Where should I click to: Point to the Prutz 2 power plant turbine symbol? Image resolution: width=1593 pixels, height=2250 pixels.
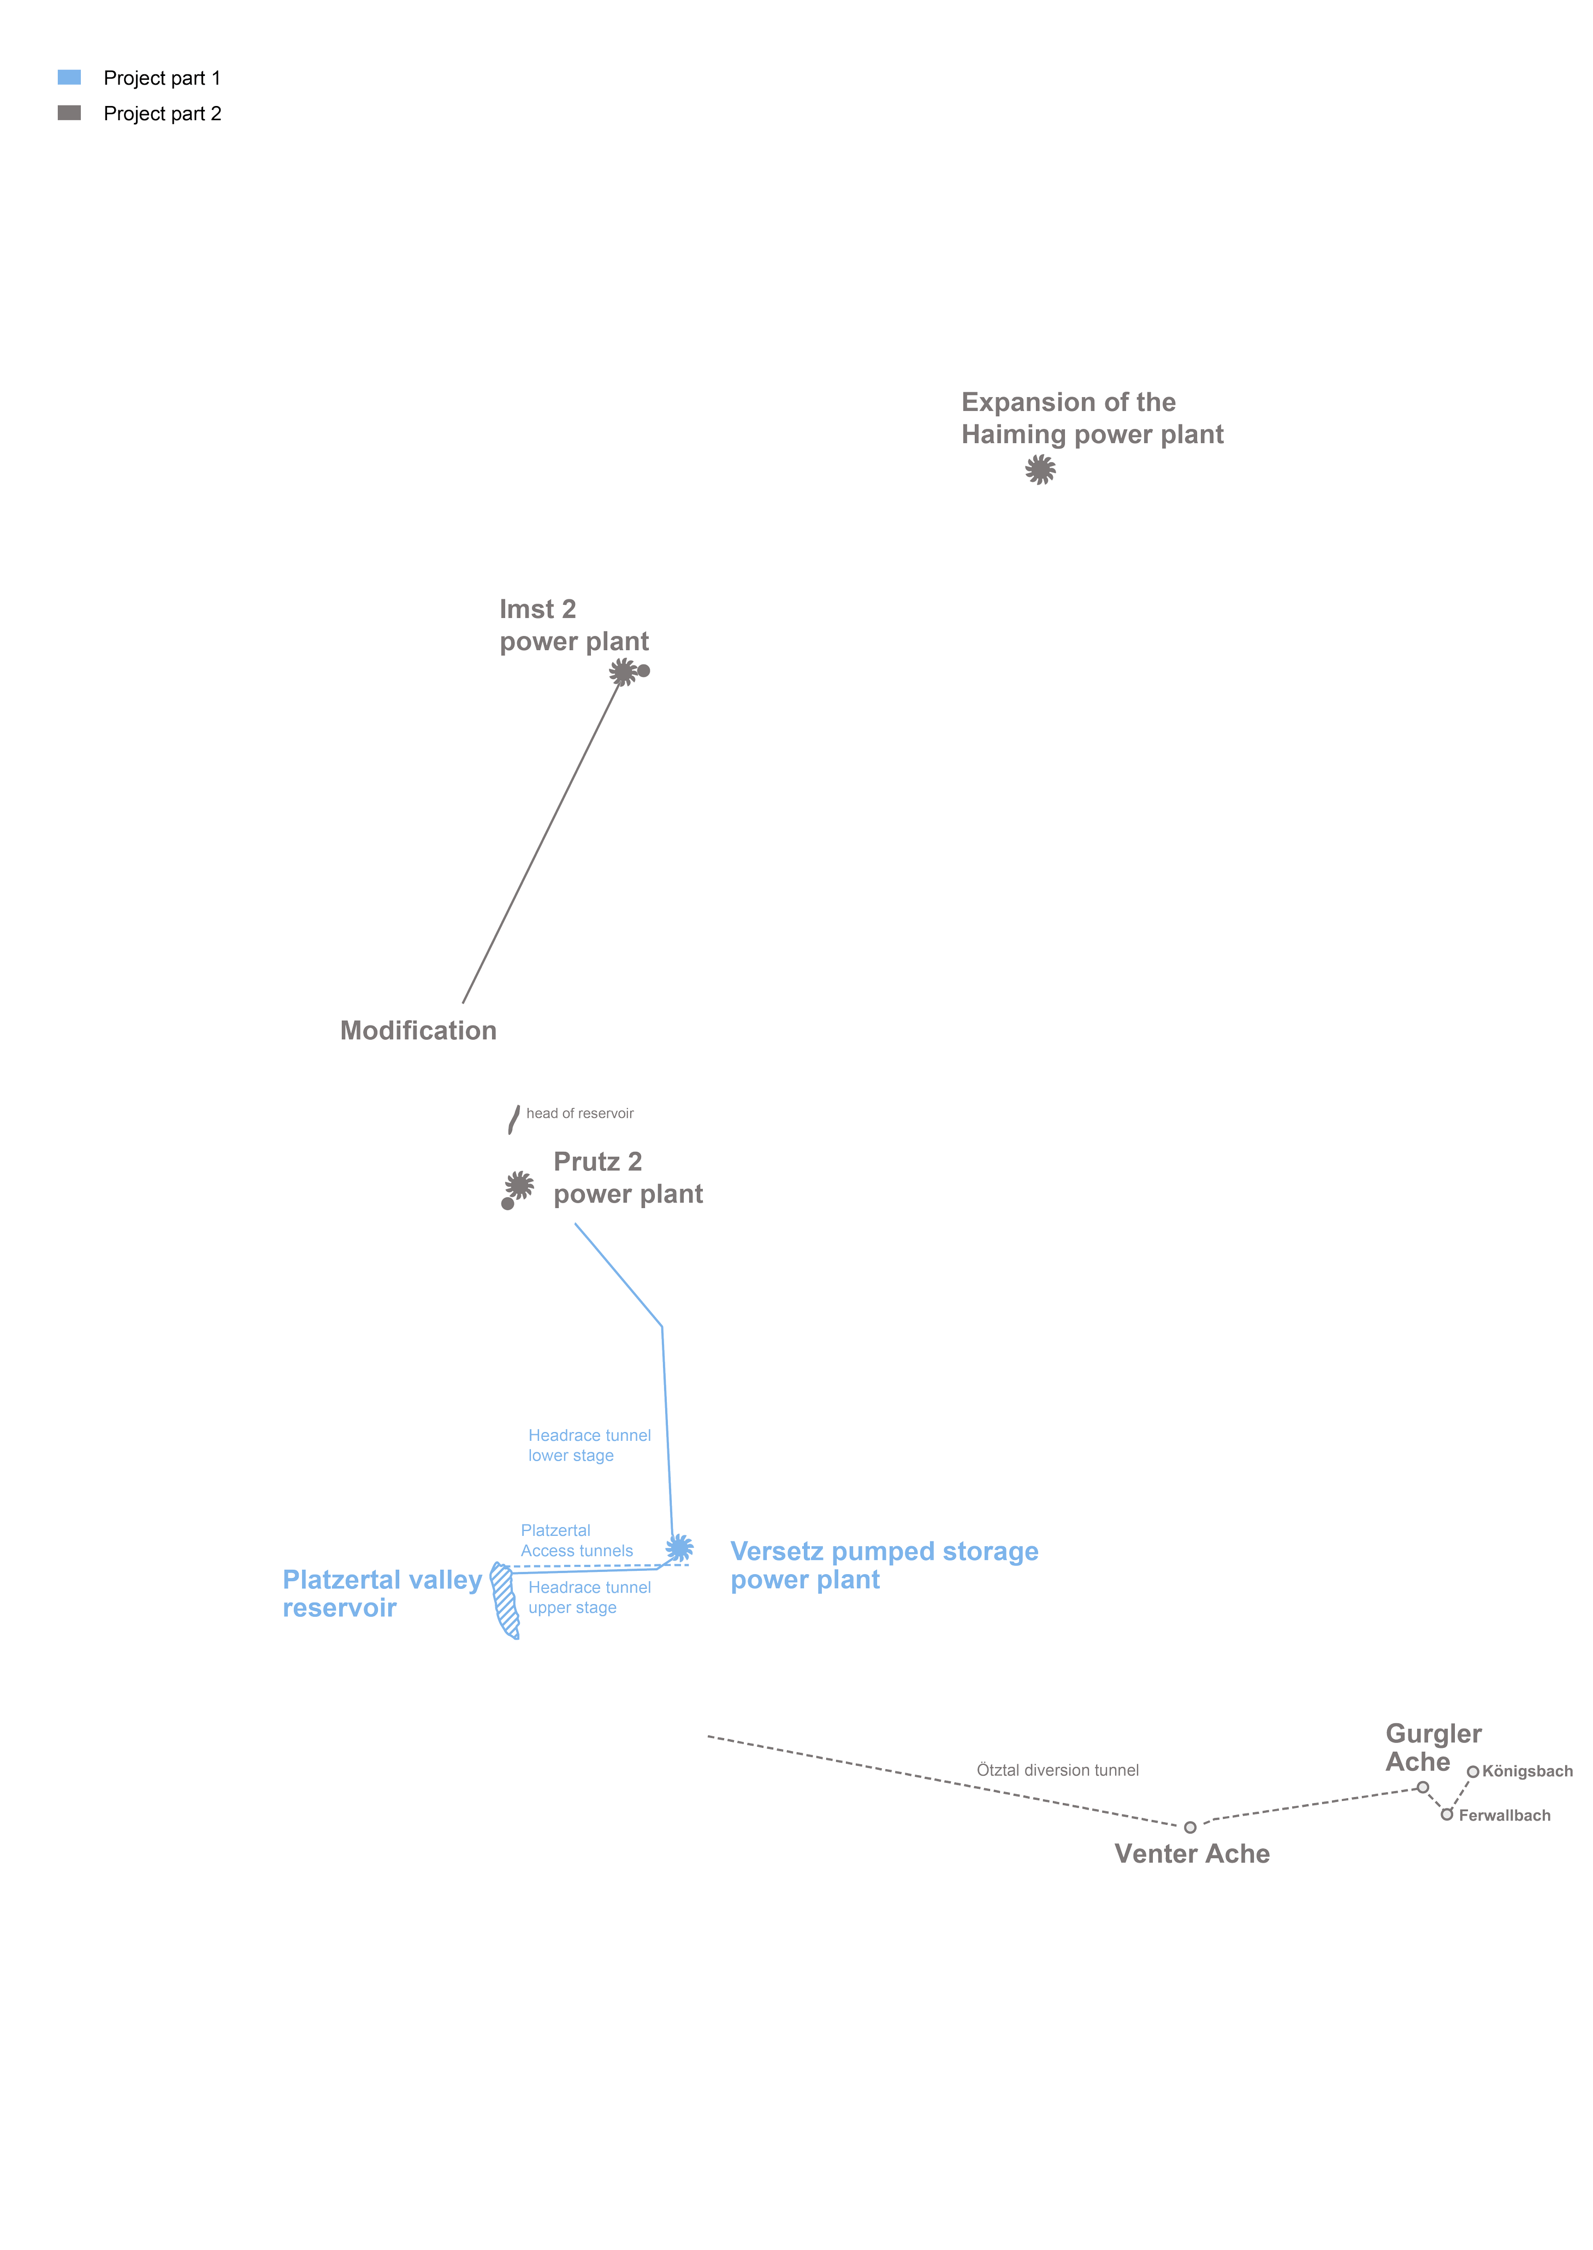(520, 1185)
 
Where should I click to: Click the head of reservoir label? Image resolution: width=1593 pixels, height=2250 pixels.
(580, 1113)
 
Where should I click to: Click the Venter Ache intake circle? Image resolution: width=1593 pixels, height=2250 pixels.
(1190, 1827)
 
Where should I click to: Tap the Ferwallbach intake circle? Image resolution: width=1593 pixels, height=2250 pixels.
(1446, 1815)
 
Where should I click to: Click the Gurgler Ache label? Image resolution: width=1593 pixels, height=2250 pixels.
(1433, 1747)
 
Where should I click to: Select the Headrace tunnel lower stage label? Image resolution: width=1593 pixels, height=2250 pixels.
(590, 1445)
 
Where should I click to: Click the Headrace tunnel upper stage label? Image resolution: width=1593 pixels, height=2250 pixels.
(590, 1598)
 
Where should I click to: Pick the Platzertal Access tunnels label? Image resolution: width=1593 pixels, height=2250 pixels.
(577, 1541)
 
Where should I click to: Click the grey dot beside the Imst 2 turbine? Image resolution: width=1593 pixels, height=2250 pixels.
(643, 671)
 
